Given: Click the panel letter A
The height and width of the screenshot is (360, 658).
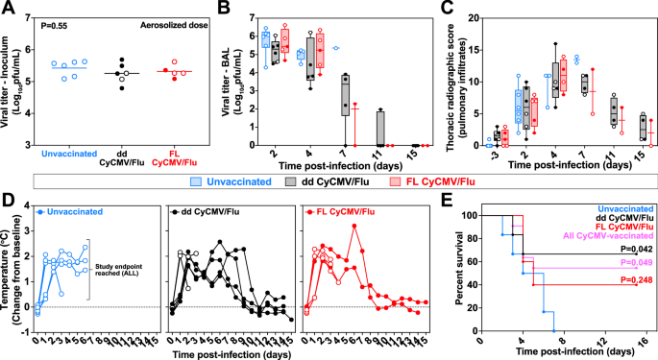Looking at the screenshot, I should [x=9, y=9].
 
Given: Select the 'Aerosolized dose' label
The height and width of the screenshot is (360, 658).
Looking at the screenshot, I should [x=172, y=19].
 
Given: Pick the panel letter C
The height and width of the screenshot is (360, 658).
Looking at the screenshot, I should [x=445, y=9].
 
